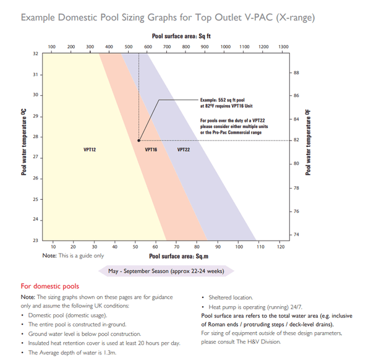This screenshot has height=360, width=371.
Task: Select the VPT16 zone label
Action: click(x=151, y=150)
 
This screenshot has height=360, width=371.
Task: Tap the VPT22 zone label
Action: click(x=184, y=150)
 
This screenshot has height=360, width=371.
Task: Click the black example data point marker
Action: click(x=139, y=141)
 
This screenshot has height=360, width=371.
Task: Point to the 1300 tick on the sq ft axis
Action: click(x=283, y=46)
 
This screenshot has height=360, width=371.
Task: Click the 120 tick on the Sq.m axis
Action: click(x=281, y=247)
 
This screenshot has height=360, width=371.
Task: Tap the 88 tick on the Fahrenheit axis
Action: click(x=296, y=73)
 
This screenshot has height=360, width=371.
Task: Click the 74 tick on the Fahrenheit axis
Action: click(x=296, y=234)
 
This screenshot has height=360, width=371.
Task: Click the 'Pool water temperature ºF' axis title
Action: click(x=308, y=142)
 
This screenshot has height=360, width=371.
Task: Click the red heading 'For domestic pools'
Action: click(x=50, y=286)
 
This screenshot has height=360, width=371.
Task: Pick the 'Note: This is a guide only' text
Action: click(x=73, y=255)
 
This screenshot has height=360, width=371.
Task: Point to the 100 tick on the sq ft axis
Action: click(x=52, y=46)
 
